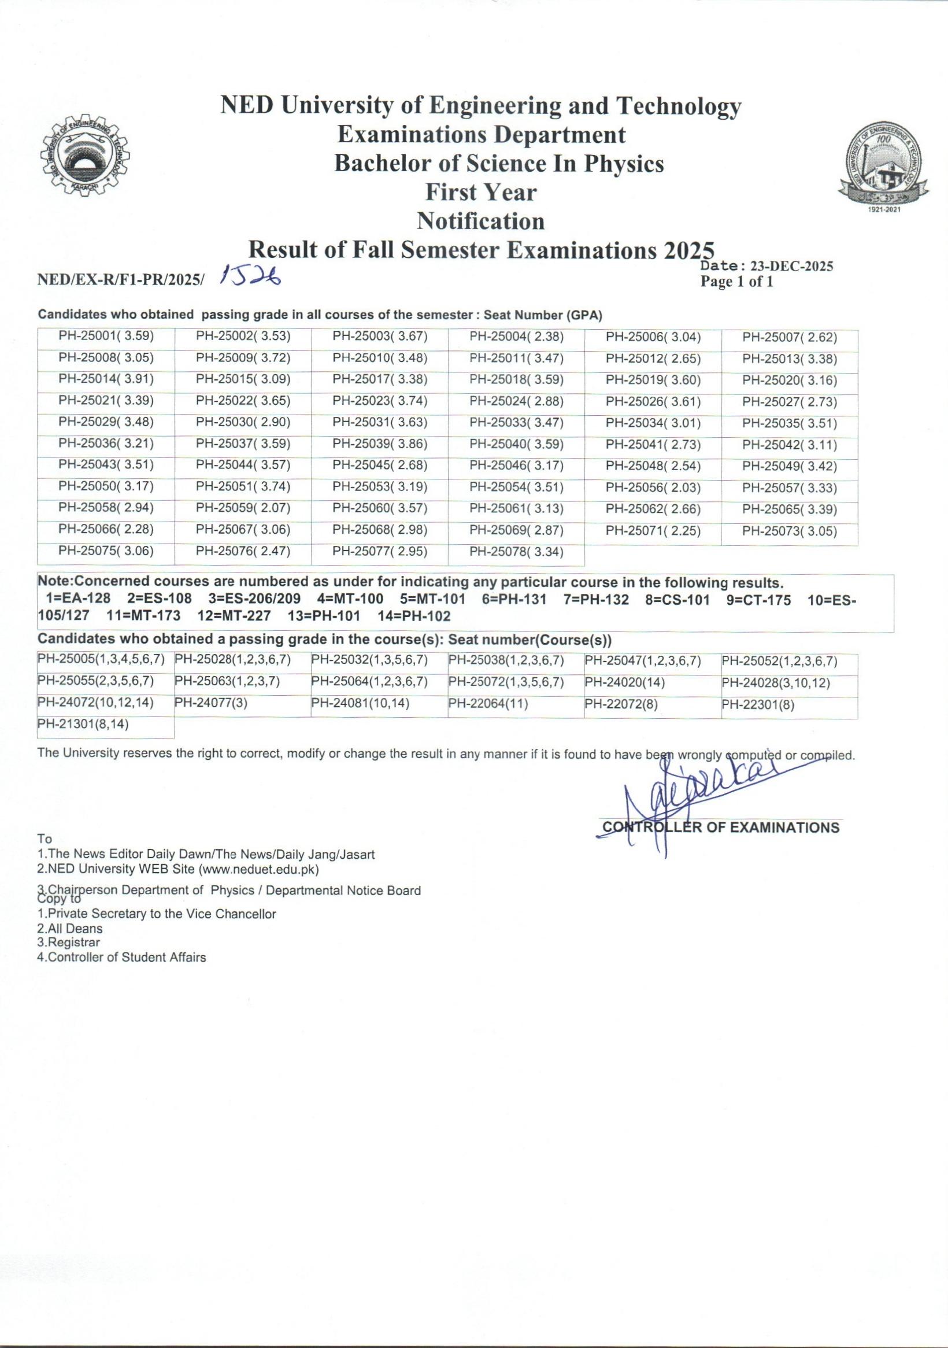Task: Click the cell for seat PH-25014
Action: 106,380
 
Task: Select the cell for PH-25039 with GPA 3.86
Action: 380,444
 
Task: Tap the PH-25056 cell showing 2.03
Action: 653,488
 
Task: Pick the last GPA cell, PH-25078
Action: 517,552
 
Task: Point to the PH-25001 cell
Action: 106,337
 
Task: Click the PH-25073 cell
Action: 790,531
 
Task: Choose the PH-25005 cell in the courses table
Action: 101,660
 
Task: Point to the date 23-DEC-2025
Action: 792,267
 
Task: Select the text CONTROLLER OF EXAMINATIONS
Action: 721,828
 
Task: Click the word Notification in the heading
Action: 480,221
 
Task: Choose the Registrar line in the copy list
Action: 61,942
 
